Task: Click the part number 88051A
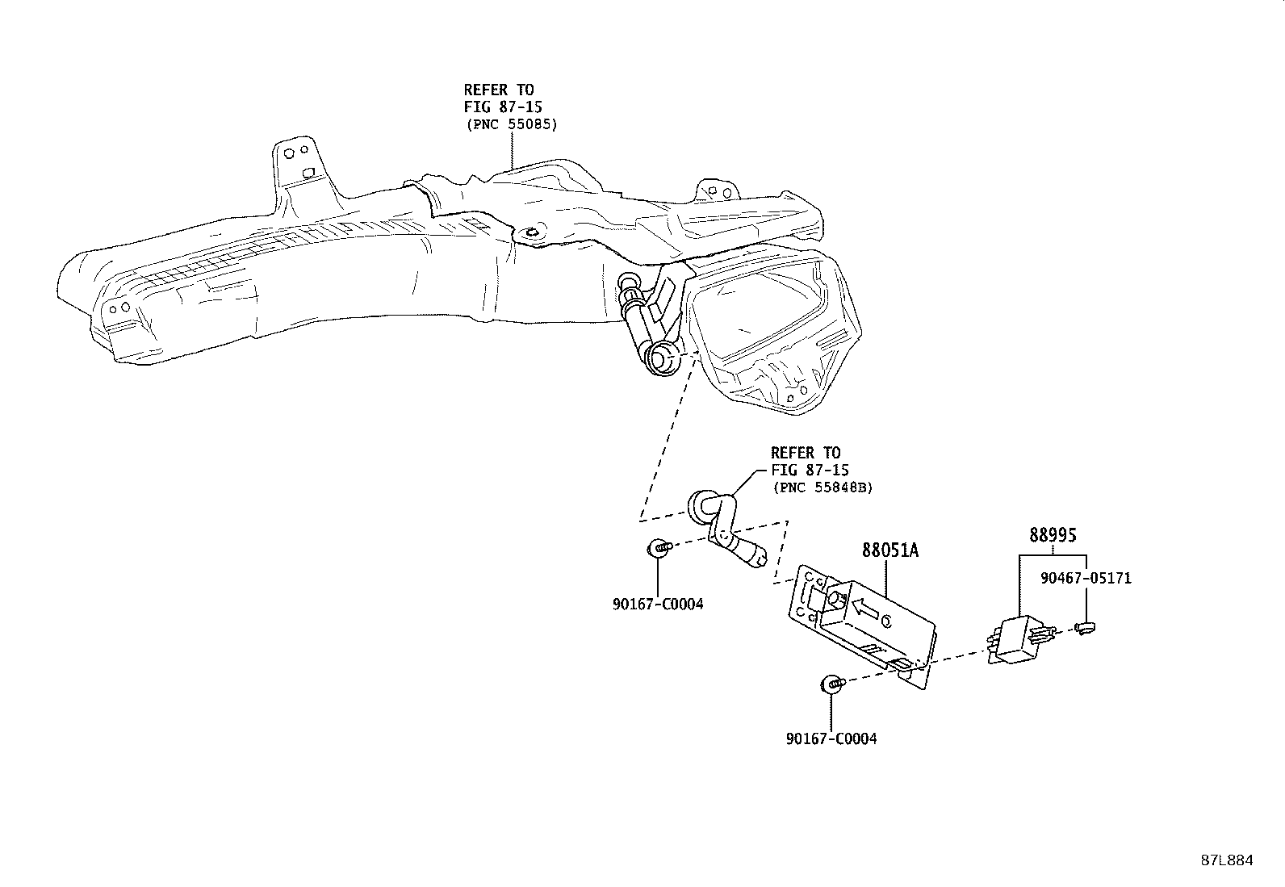(890, 550)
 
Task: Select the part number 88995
(1053, 535)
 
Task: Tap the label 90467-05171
(1086, 578)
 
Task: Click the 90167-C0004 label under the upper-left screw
(657, 605)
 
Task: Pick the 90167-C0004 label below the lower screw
(831, 738)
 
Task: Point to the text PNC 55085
(512, 124)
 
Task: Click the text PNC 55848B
(822, 487)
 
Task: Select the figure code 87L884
(1227, 860)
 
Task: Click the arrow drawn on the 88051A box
(865, 609)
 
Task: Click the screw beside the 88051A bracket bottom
(832, 684)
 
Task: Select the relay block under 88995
(1019, 639)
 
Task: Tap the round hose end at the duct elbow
(664, 358)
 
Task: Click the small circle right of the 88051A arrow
(885, 621)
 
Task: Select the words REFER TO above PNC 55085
(499, 90)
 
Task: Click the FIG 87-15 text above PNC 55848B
(810, 470)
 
